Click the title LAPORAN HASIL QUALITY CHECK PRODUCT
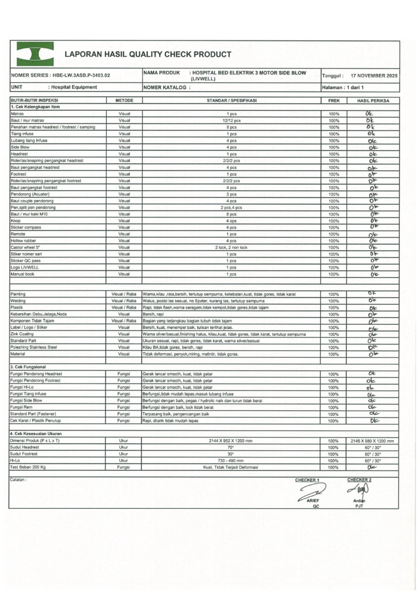tap(148, 55)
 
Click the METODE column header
tap(124, 100)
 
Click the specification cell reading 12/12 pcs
tap(231, 121)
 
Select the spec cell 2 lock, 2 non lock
tap(231, 247)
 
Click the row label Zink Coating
tap(24, 334)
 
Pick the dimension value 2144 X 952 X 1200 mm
tap(231, 441)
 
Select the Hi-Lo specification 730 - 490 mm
tap(231, 461)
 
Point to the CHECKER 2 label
tap(359, 480)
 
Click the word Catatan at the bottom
tap(20, 480)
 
